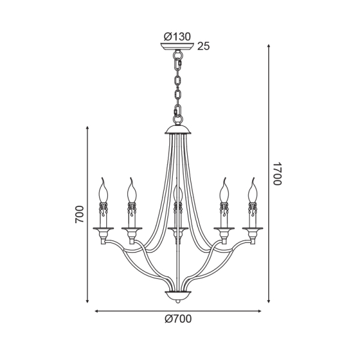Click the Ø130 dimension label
[x=177, y=37]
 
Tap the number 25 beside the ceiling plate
[x=203, y=46]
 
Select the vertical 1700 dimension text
[x=277, y=174]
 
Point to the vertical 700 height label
[x=80, y=214]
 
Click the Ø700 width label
[x=178, y=319]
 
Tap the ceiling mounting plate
[x=177, y=46]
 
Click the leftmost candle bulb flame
[x=103, y=190]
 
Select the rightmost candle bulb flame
[x=253, y=190]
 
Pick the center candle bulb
[x=178, y=194]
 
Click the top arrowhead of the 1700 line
[x=269, y=46]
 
